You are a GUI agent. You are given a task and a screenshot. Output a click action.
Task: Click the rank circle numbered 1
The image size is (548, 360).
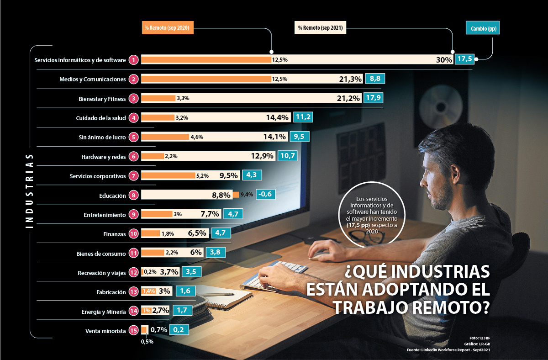(x=133, y=60)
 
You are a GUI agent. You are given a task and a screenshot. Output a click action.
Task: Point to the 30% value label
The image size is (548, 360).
(x=444, y=60)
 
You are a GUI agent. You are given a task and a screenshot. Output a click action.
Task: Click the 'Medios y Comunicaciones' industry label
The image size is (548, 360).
(x=92, y=79)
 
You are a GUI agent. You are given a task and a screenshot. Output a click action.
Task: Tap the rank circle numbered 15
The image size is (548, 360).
(x=133, y=330)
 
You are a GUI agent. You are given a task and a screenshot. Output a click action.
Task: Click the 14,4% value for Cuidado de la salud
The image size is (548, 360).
(x=277, y=117)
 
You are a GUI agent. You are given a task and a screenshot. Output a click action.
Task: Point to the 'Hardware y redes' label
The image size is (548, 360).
(x=103, y=156)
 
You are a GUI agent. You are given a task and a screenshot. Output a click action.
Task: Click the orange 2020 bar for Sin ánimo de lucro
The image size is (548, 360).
(x=165, y=137)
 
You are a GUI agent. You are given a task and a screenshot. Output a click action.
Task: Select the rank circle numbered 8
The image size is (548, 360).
(x=133, y=195)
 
